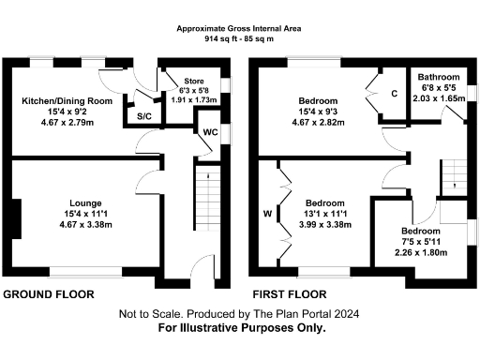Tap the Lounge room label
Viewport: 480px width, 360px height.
(x=79, y=202)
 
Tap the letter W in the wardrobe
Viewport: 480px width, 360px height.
(x=267, y=214)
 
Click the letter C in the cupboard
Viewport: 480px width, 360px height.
(x=395, y=94)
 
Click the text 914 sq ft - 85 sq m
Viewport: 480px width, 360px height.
(x=240, y=39)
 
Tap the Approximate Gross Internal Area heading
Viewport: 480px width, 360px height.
(x=240, y=29)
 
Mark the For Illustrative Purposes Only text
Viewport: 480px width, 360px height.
(x=241, y=328)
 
